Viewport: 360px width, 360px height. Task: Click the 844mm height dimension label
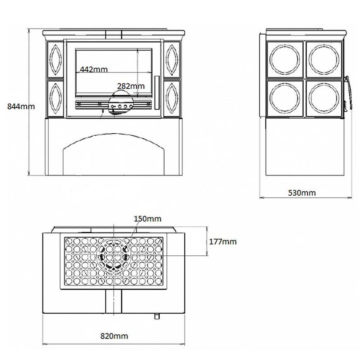pos(21,106)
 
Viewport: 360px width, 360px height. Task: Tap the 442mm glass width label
pos(94,69)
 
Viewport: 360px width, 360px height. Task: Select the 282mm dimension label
pos(131,86)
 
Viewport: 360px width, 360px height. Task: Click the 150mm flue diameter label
pos(147,218)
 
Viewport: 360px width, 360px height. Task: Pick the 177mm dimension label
pos(223,241)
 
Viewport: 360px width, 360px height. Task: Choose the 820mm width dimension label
pos(114,336)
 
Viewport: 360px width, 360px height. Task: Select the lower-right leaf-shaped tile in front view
pos(171,98)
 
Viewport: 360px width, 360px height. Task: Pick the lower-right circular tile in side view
pos(324,98)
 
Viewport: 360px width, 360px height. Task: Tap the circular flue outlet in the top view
pos(113,256)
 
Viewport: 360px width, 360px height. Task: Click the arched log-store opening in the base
pos(113,157)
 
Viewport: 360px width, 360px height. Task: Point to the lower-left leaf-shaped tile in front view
pos(55,98)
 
